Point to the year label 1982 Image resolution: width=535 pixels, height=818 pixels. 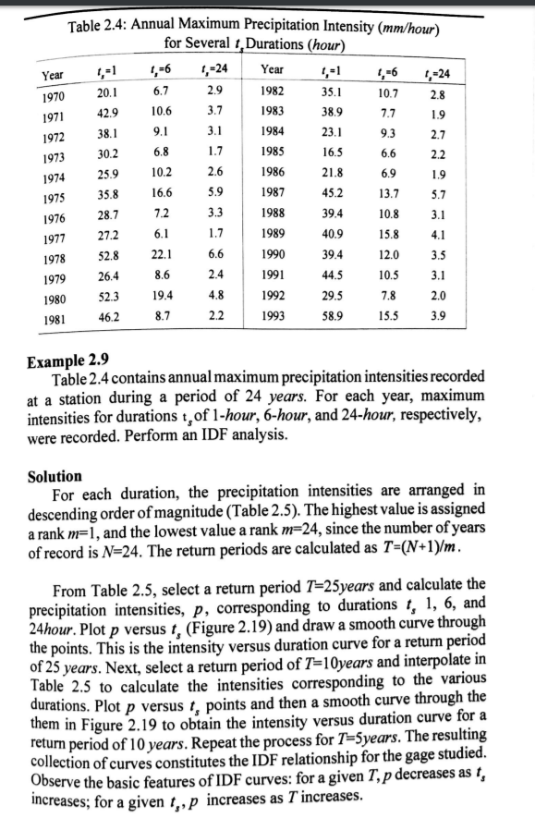[x=274, y=92]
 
